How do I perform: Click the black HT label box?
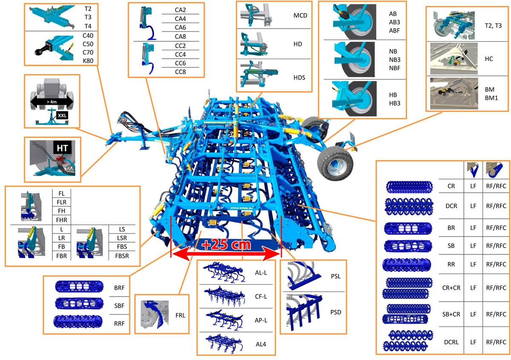pyautogui.click(x=62, y=148)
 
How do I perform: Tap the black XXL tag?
pyautogui.click(x=62, y=115)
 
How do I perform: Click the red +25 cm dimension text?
pyautogui.click(x=226, y=245)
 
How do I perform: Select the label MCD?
pyautogui.click(x=300, y=15)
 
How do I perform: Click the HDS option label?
pyautogui.click(x=299, y=77)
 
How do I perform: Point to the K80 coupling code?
pyautogui.click(x=88, y=61)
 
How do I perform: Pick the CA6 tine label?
pyautogui.click(x=180, y=27)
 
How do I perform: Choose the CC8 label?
pyautogui.click(x=180, y=72)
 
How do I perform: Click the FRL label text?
pyautogui.click(x=180, y=315)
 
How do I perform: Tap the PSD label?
pyautogui.click(x=336, y=312)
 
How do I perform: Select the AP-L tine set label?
pyautogui.click(x=261, y=320)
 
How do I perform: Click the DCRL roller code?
pyautogui.click(x=451, y=342)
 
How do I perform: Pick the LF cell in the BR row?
pyautogui.click(x=473, y=228)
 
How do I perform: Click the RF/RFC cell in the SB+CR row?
pyautogui.click(x=496, y=314)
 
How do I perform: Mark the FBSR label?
pyautogui.click(x=122, y=256)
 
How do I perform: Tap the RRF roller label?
pyautogui.click(x=119, y=323)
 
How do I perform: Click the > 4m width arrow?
pyautogui.click(x=52, y=102)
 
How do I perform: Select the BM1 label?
pyautogui.click(x=491, y=98)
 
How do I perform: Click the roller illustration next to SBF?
pyautogui.click(x=79, y=303)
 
